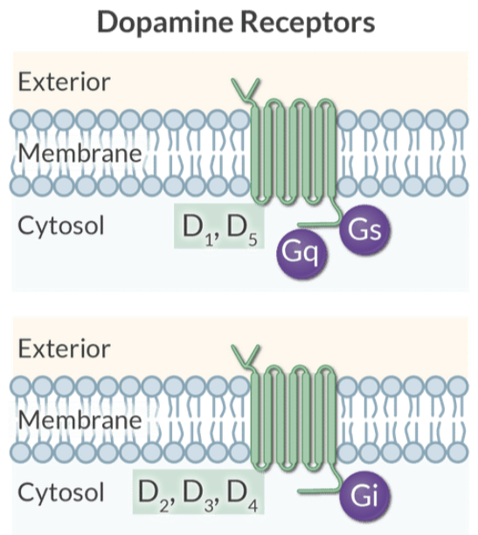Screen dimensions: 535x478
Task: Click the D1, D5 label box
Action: pos(219,227)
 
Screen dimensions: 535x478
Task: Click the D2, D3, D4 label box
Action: pos(199,493)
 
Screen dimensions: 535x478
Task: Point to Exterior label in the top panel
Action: pos(64,82)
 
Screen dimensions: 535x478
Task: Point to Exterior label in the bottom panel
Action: pos(64,350)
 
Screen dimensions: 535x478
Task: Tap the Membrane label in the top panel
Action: pos(79,154)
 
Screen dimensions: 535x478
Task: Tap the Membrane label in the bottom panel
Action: pos(79,420)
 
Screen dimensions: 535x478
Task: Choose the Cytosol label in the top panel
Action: pos(61,226)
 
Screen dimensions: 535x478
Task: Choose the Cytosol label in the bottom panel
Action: pos(61,492)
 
